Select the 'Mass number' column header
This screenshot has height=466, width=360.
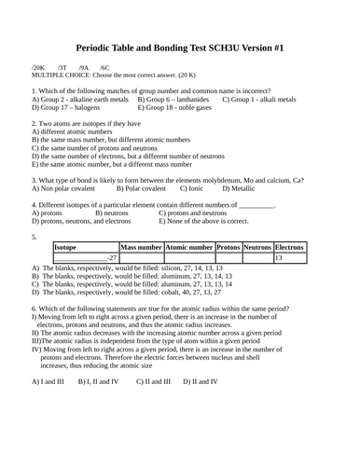point(141,247)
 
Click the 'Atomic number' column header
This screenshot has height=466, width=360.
point(189,247)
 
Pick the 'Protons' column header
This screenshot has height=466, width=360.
point(228,247)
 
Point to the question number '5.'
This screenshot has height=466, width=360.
point(35,237)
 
